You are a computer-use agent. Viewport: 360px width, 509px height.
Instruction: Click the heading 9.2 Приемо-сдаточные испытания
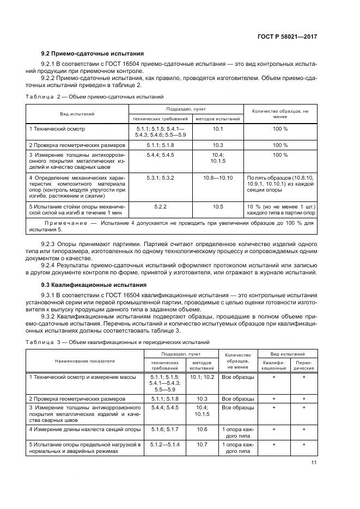click(x=93, y=54)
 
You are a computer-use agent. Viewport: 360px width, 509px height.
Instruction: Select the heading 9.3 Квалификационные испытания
click(x=91, y=285)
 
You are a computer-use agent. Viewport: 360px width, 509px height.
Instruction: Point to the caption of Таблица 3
click(x=114, y=342)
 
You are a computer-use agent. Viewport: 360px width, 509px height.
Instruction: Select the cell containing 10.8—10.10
click(x=218, y=178)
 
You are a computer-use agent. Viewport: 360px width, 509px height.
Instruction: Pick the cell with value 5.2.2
click(x=160, y=206)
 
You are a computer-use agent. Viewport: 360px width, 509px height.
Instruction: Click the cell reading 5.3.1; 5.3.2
click(x=160, y=178)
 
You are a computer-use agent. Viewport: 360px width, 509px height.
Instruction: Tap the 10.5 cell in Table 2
click(x=218, y=206)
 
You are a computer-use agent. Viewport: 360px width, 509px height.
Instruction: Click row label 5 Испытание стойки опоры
click(x=76, y=210)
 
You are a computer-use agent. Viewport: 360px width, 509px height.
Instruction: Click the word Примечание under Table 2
click(x=65, y=223)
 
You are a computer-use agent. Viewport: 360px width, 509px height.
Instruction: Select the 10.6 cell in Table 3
click(x=202, y=430)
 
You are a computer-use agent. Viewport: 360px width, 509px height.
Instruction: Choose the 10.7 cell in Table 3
click(x=202, y=445)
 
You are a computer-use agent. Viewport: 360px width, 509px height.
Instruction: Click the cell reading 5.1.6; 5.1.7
click(x=161, y=430)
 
